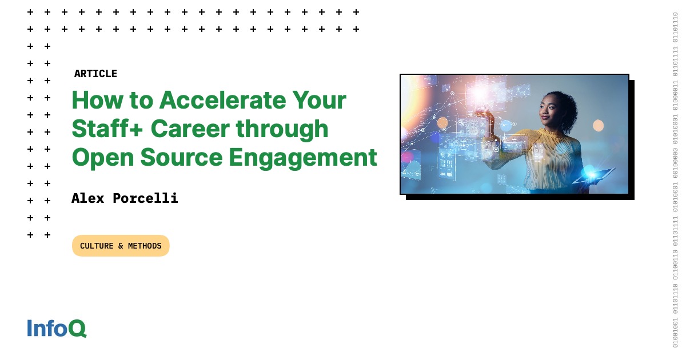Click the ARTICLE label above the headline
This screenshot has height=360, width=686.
[95, 74]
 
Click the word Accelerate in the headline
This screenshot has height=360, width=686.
[222, 101]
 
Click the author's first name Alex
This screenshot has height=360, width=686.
[89, 198]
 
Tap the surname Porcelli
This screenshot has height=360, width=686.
[145, 198]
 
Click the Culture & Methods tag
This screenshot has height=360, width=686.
[121, 246]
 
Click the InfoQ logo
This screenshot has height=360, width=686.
[57, 328]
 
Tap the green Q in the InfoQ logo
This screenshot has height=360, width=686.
[77, 329]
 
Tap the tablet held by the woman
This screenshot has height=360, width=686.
[595, 176]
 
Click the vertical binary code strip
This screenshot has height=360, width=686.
[675, 180]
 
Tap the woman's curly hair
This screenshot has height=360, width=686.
[566, 106]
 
